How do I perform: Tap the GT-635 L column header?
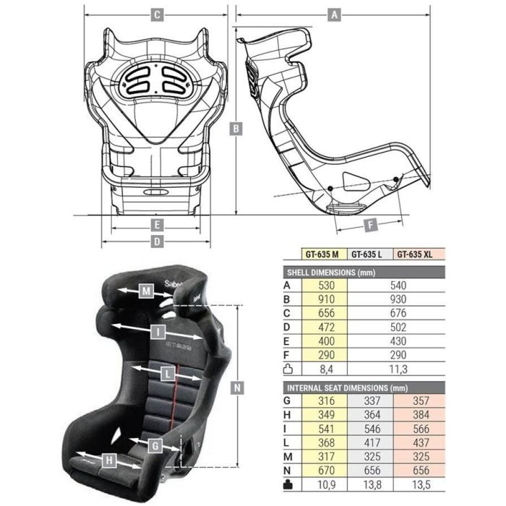coord(369,254)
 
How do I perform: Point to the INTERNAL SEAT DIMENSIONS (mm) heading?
coord(337,388)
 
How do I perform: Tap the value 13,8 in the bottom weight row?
coord(369,485)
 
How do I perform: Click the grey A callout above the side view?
coord(333,14)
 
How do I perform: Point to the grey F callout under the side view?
coord(370,225)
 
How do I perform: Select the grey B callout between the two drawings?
coord(236,129)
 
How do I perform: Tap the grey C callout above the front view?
coord(156,14)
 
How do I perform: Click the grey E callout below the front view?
coord(156,225)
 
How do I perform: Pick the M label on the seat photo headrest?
coord(147,291)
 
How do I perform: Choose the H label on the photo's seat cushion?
coord(108,459)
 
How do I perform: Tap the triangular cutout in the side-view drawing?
coord(356,181)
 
